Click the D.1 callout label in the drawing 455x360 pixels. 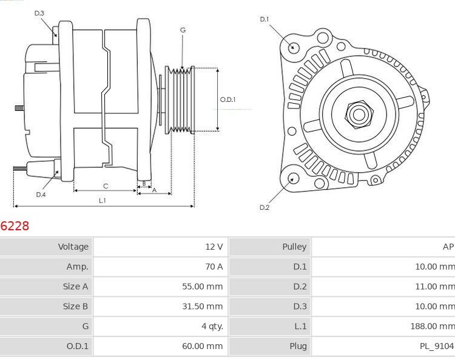[264, 19]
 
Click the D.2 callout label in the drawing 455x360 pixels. [264, 207]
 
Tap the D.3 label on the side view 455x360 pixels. [39, 13]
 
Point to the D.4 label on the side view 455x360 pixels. [41, 195]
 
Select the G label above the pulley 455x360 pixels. [183, 30]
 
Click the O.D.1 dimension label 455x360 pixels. [227, 99]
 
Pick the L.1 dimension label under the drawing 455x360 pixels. [103, 200]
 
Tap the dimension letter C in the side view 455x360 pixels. [105, 185]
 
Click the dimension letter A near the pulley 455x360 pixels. [153, 190]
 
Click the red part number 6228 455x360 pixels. [15, 226]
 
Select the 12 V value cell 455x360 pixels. [214, 247]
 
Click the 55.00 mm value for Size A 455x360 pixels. [203, 287]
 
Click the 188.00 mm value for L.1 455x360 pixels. [432, 326]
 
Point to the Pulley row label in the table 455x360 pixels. [294, 247]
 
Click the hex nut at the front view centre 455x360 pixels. [358, 113]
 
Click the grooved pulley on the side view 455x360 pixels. [180, 99]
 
